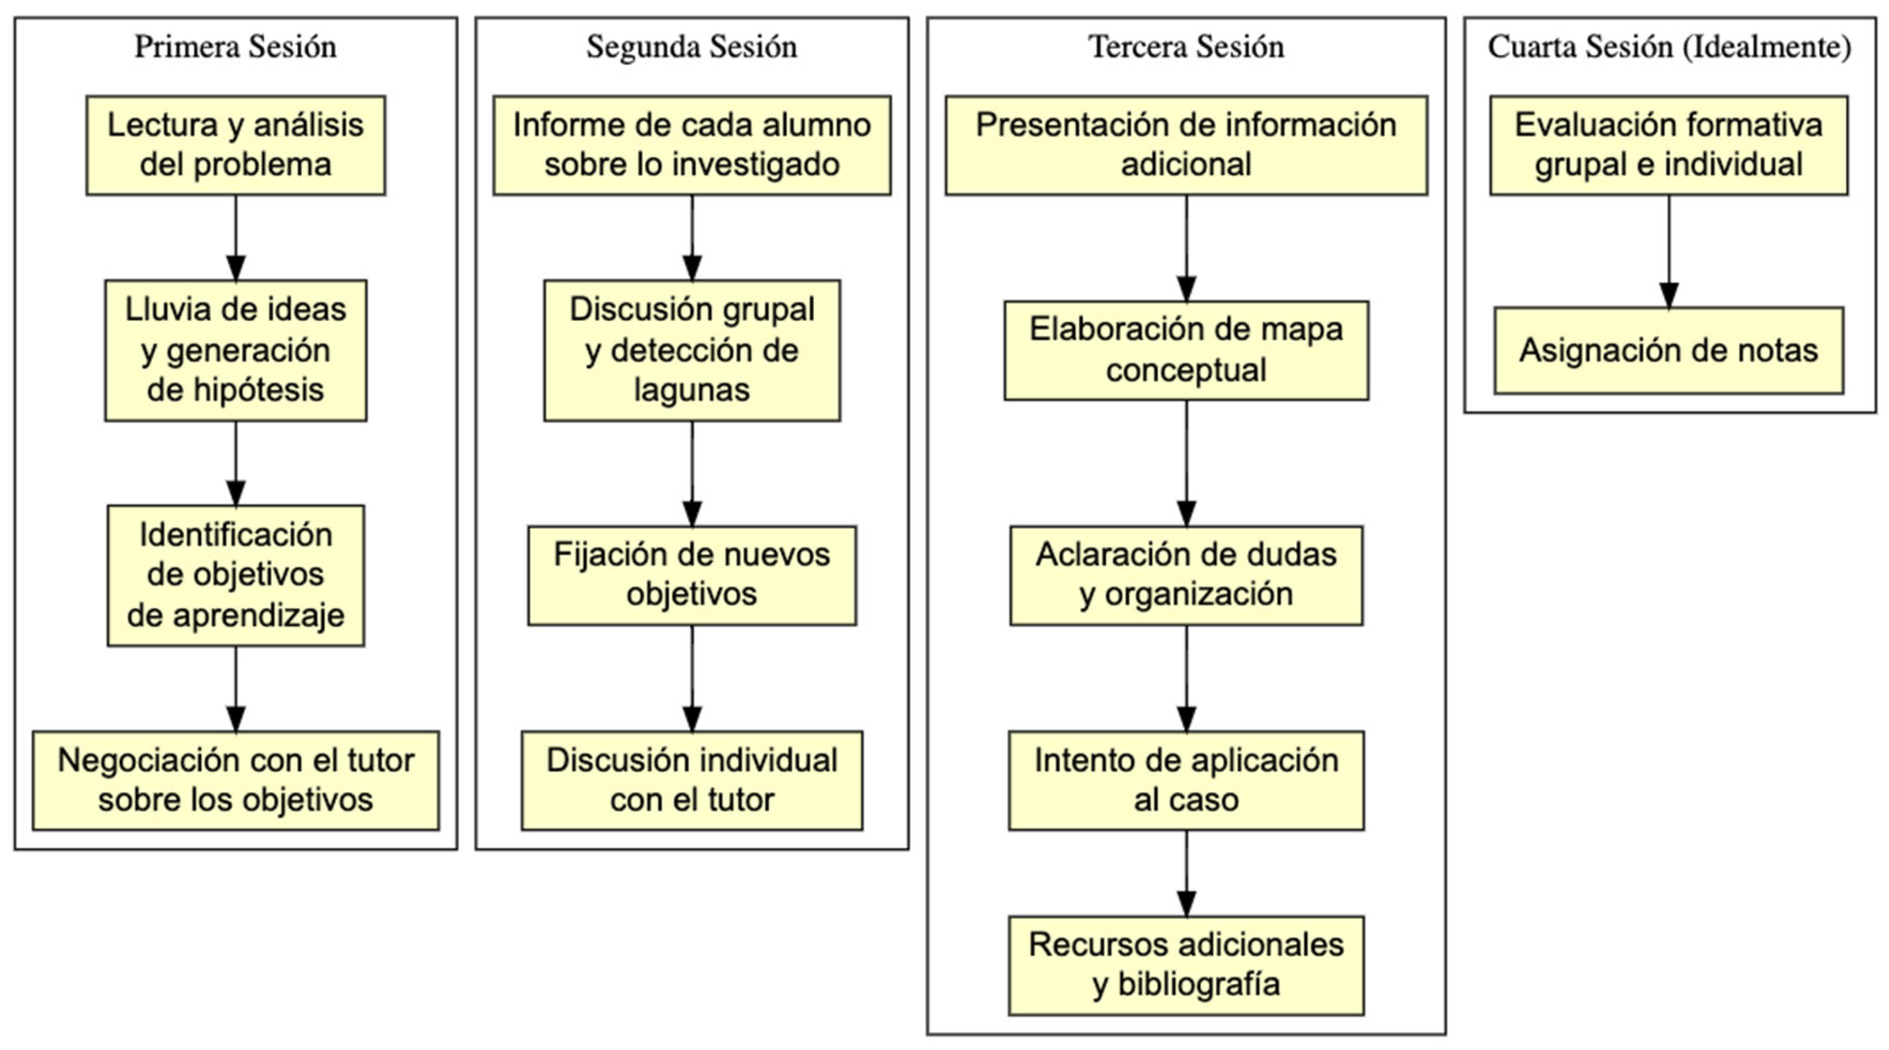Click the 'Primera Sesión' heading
[235, 47]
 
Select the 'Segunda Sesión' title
[691, 47]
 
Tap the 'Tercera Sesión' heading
[1186, 47]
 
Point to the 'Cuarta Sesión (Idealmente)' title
[1669, 47]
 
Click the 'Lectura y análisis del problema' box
[235, 144]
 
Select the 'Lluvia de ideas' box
[235, 350]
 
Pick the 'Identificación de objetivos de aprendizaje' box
[235, 575]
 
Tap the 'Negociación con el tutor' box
[235, 780]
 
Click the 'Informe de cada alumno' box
[692, 144]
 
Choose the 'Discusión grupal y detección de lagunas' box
[692, 350]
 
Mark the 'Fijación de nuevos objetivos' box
[692, 575]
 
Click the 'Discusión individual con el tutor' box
[692, 780]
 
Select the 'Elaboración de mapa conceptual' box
[1186, 350]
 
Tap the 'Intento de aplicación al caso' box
[1186, 780]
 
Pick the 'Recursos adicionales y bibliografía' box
[1186, 965]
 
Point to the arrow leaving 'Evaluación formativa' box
[1669, 250]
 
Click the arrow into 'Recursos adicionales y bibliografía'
[1187, 873]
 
